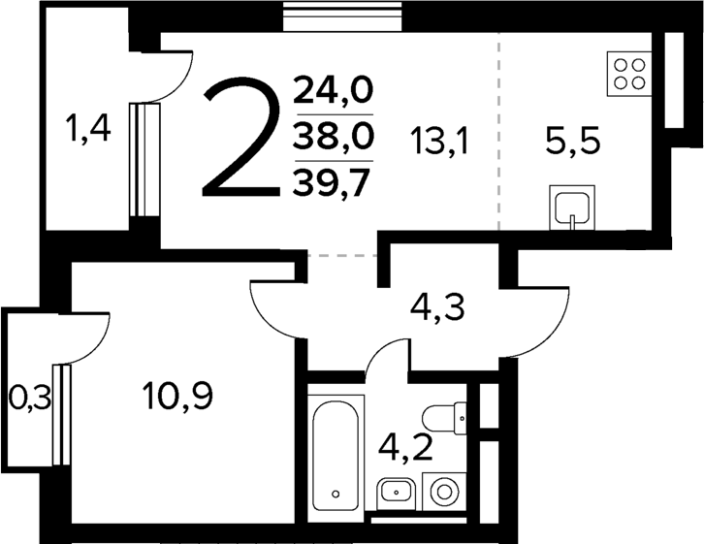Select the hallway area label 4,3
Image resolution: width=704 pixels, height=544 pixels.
pos(438,311)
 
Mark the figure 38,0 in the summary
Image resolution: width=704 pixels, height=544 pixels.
pos(334,136)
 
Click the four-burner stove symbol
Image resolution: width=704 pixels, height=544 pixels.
pos(628,73)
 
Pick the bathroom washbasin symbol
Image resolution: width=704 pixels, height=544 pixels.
pos(395,493)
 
